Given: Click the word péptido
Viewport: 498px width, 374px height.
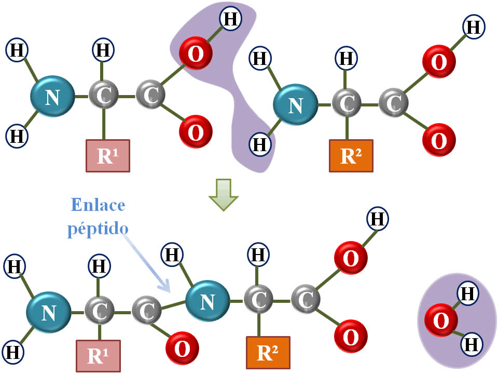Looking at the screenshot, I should [98, 228].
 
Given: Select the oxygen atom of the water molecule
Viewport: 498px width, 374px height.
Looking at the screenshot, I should [440, 320].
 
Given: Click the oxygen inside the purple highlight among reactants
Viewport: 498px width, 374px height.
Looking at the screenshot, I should [195, 55].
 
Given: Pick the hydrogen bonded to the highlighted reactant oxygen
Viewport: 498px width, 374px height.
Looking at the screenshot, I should [231, 19].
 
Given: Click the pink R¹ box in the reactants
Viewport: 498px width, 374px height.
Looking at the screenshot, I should [107, 156].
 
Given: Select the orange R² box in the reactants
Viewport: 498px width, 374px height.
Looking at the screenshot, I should [351, 156].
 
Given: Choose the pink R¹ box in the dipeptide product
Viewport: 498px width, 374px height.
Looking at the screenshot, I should [98, 356].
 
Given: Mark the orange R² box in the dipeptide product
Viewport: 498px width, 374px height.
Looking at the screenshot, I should [268, 353].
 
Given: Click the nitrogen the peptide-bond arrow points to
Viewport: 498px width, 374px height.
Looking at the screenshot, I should [208, 301].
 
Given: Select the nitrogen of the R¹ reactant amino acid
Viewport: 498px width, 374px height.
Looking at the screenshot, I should [52, 97].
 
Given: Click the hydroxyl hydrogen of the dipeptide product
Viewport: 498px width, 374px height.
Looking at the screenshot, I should [377, 219].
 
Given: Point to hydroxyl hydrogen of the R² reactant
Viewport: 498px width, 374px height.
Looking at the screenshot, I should [473, 26].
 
